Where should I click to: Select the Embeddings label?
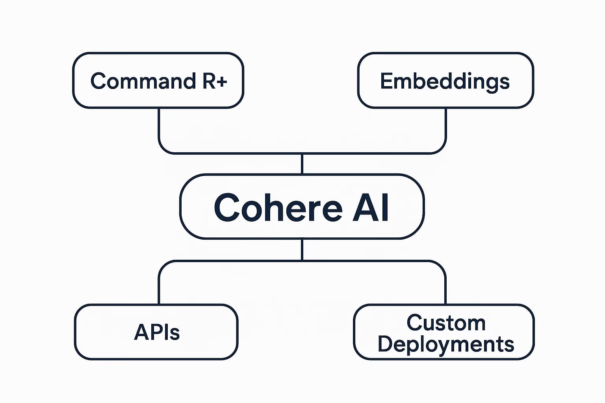(x=445, y=81)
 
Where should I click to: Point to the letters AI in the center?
(x=370, y=207)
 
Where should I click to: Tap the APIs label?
(x=157, y=332)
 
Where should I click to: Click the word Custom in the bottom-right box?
(x=446, y=323)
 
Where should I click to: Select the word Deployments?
(x=446, y=344)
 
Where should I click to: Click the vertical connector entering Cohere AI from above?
(x=302, y=164)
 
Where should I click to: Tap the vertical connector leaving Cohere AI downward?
(x=302, y=250)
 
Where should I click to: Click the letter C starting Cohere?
(x=227, y=207)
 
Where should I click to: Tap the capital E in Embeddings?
(x=387, y=81)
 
